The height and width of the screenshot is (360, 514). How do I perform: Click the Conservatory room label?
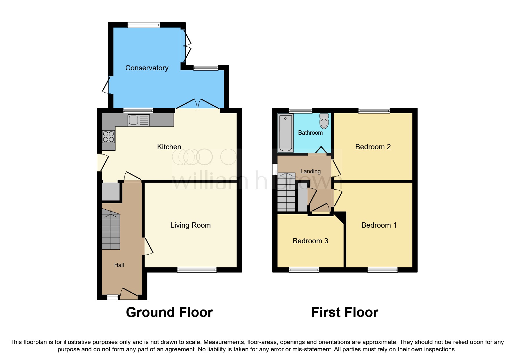[x=147, y=68]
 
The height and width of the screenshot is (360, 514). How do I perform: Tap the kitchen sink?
[x=138, y=120]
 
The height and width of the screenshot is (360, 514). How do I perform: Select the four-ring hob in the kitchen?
[x=109, y=136]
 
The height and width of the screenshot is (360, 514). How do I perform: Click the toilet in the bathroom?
[x=324, y=121]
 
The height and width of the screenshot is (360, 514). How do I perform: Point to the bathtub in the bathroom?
[x=286, y=133]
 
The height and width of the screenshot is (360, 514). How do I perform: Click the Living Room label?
[x=190, y=225]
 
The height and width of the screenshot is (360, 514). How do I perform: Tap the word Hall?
[x=119, y=265]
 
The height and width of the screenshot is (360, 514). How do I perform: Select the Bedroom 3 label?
[x=310, y=241]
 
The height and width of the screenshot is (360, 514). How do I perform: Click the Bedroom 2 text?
[x=373, y=147]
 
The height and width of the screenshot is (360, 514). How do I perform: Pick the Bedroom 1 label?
[x=379, y=225]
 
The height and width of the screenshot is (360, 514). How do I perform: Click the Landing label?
[x=310, y=172]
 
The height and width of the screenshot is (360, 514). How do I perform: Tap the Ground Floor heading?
[x=169, y=313]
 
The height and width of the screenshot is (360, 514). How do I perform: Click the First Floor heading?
[x=345, y=313]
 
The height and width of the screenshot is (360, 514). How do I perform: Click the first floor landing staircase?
[x=286, y=192]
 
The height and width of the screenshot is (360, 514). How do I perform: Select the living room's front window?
[x=197, y=270]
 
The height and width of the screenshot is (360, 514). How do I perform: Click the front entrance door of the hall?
[x=129, y=294]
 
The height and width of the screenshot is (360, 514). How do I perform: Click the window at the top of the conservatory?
[x=144, y=25]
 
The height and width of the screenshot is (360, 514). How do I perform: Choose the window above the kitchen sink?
[x=138, y=110]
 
